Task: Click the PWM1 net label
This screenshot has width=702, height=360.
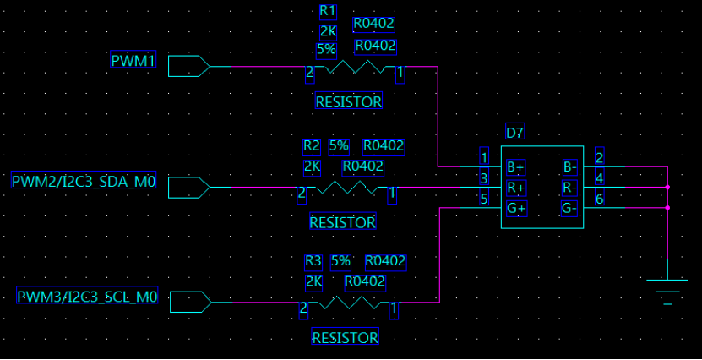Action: pyautogui.click(x=133, y=60)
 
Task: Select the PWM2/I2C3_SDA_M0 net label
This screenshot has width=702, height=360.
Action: pyautogui.click(x=84, y=181)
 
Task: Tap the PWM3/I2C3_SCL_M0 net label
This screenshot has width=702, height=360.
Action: pyautogui.click(x=88, y=297)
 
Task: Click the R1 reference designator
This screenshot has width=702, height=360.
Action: pyautogui.click(x=328, y=11)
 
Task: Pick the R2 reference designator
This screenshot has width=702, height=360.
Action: pyautogui.click(x=312, y=146)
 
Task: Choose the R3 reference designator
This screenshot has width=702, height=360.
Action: pyautogui.click(x=313, y=260)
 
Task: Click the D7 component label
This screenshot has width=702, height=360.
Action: pyautogui.click(x=514, y=132)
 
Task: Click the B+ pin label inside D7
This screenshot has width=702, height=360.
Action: pyautogui.click(x=515, y=166)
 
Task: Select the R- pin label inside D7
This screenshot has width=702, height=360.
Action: pyautogui.click(x=569, y=187)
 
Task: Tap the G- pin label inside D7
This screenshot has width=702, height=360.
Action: pyautogui.click(x=569, y=208)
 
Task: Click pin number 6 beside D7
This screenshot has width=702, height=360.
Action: pyautogui.click(x=599, y=199)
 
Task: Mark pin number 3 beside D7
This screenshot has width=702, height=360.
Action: pyautogui.click(x=484, y=178)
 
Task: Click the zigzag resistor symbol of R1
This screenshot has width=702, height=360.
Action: pyautogui.click(x=355, y=67)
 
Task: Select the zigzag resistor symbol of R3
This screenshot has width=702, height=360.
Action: pyautogui.click(x=347, y=302)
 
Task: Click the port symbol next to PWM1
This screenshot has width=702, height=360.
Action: pyautogui.click(x=188, y=66)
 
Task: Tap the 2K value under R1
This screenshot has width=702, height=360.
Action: pyautogui.click(x=328, y=31)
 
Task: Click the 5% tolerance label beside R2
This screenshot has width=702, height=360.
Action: pyautogui.click(x=339, y=146)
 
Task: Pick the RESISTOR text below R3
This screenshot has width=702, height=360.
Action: pyautogui.click(x=345, y=337)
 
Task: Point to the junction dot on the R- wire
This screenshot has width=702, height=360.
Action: pyautogui.click(x=667, y=187)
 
